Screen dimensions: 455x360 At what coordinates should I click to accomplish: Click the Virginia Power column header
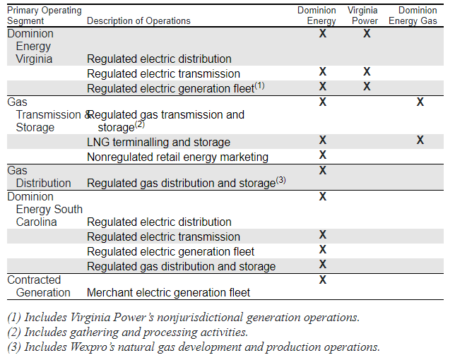362,16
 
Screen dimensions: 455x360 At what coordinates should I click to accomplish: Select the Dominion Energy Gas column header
413,16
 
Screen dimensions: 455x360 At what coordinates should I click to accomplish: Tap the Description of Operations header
138,21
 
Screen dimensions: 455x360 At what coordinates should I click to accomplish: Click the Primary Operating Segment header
45,16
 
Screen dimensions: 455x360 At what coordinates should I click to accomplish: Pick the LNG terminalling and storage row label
158,143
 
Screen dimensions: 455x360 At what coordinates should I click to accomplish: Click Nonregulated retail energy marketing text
177,157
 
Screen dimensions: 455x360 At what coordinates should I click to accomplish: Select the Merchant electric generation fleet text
168,292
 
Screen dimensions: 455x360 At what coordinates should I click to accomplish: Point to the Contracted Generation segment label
39,286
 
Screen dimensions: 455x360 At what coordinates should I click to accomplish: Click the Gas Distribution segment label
39,176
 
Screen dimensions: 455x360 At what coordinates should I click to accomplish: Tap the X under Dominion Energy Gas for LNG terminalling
420,140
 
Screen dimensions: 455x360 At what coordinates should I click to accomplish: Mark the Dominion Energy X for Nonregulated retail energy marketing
323,155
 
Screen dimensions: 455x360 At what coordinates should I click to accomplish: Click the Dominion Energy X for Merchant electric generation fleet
323,280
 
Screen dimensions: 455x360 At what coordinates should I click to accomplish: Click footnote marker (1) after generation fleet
259,86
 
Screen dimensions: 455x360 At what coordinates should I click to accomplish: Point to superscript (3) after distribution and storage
280,180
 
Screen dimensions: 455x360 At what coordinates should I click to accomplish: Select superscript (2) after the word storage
140,125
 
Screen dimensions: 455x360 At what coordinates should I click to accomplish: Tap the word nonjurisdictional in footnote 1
200,318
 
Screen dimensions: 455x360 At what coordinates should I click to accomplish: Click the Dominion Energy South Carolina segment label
45,209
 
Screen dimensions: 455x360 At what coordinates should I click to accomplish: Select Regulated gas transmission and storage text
166,121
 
